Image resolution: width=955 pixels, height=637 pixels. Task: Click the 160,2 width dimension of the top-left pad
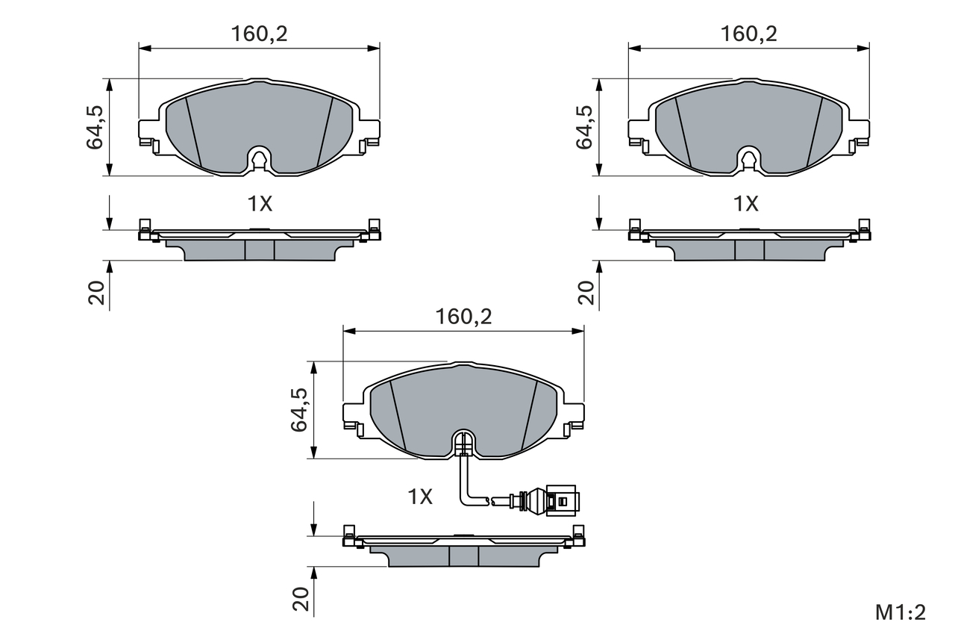pos(259,34)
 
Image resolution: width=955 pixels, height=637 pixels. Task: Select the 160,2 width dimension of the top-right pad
pos(748,34)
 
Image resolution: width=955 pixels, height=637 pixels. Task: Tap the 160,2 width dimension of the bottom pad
pos(463,317)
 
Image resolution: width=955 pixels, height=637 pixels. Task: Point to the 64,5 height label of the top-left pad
pos(95,127)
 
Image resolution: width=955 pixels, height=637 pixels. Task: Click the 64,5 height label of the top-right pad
pos(584,127)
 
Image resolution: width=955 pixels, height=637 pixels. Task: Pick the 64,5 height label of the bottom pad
pos(299,410)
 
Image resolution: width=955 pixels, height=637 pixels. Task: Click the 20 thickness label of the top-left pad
pos(96,293)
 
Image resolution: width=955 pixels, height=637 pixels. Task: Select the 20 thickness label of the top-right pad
pos(586,293)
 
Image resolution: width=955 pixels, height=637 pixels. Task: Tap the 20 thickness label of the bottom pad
pos(301,599)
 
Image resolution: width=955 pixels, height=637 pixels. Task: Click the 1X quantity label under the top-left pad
pos(260,204)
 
